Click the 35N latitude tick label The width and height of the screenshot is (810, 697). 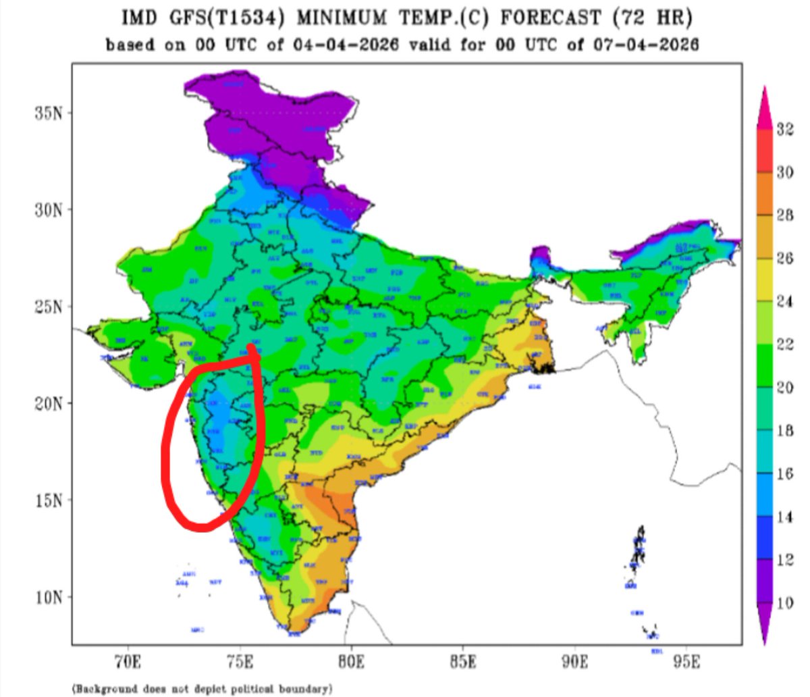coord(49,112)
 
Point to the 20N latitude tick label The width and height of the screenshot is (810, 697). coord(49,403)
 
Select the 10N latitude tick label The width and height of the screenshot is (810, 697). coord(49,598)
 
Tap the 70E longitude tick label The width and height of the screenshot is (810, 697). coord(128,661)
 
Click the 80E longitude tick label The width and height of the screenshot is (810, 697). coord(351,661)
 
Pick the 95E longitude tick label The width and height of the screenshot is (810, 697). coord(686,661)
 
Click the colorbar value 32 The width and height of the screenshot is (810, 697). coord(784,130)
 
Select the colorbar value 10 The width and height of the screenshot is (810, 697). coord(784,603)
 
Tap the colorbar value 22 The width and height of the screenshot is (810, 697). coord(784,344)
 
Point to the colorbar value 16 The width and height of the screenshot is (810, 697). coord(784,474)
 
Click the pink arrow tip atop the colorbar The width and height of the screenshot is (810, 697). coord(764,95)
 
